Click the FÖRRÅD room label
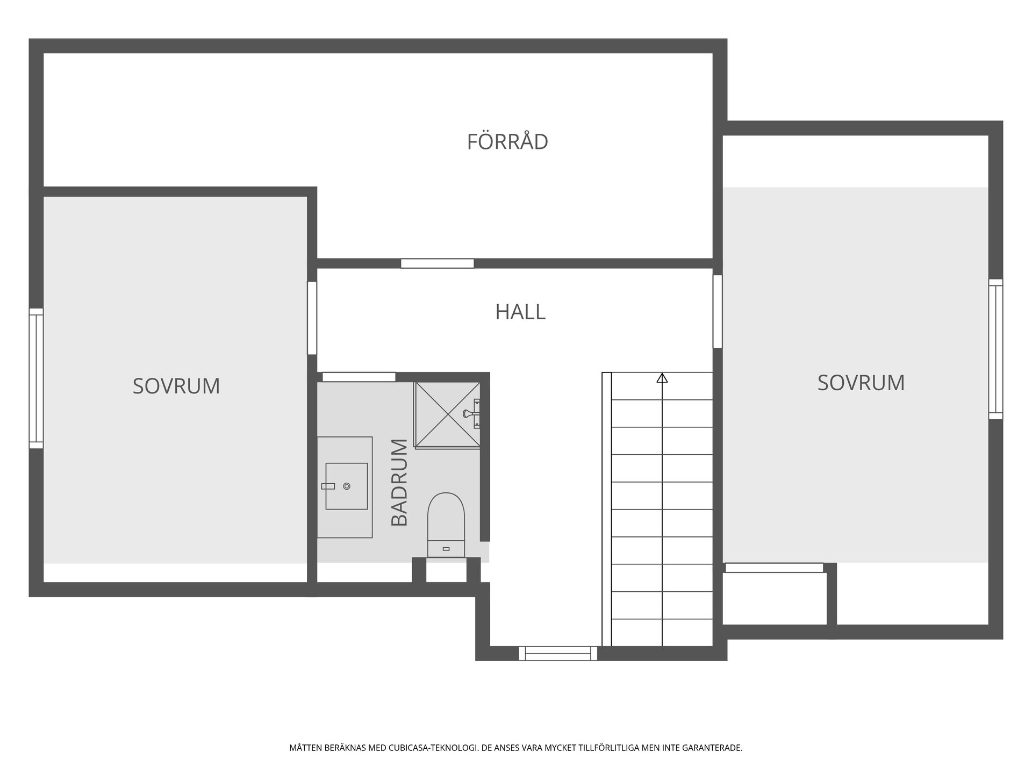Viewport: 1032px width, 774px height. pos(507,142)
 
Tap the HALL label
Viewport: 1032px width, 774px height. pos(520,312)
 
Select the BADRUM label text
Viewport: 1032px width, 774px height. pos(399,482)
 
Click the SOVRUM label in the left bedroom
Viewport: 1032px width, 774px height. pos(176,386)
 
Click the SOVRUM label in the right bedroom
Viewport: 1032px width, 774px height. pos(861,383)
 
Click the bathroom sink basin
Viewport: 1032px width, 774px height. pos(347,486)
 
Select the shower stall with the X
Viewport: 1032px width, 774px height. pos(446,414)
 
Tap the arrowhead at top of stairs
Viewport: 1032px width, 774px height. pos(662,378)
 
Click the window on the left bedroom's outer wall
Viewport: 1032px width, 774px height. pos(36,378)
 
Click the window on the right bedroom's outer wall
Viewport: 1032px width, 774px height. pos(995,349)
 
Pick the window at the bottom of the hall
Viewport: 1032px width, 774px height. pos(557,653)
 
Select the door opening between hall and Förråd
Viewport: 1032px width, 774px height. pos(437,263)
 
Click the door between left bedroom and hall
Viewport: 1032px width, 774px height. pos(312,318)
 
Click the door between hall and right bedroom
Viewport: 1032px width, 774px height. pos(717,311)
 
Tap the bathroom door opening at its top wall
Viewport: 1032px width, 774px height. pos(359,377)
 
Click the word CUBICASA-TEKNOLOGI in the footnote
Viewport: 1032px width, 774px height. pos(433,748)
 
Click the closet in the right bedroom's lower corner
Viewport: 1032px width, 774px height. pos(774,597)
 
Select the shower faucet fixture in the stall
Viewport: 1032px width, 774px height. pos(472,413)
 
